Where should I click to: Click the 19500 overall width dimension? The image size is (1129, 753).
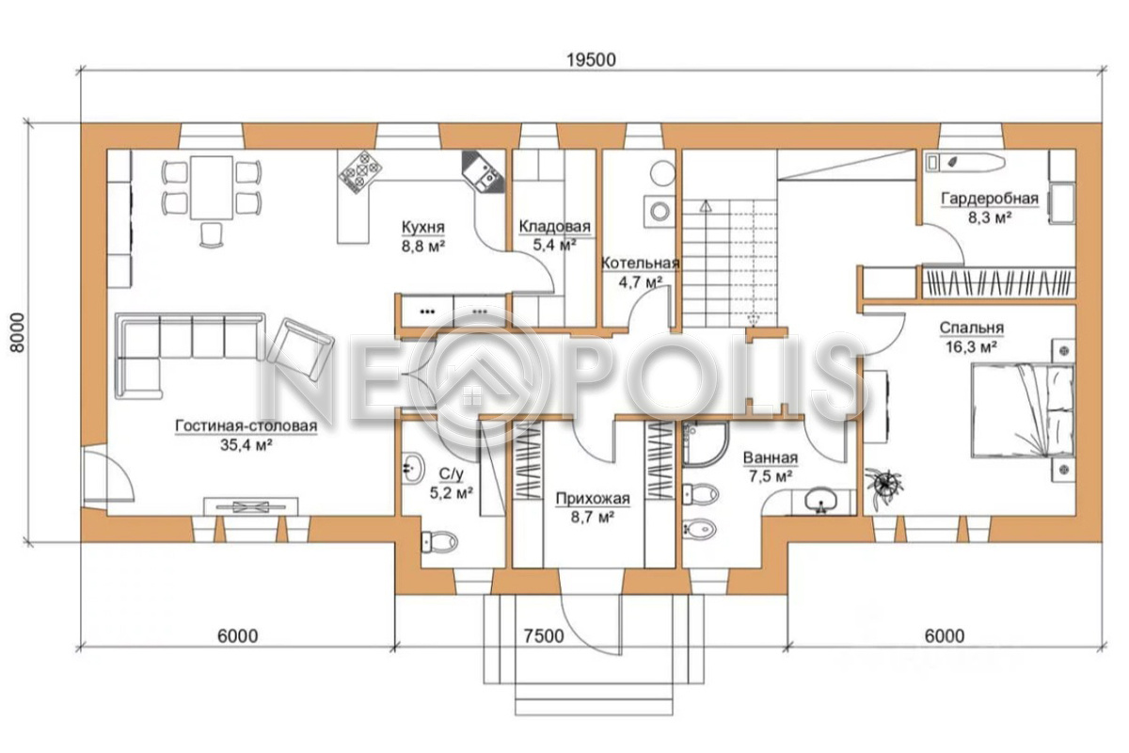click(591, 60)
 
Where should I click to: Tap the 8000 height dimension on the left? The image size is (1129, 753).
click(17, 333)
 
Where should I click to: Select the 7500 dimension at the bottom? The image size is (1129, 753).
click(544, 636)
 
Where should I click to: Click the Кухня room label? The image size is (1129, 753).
click(422, 228)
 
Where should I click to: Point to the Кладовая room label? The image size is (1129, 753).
click(554, 226)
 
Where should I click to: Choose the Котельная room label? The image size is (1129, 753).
click(640, 264)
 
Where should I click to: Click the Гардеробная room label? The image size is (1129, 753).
click(990, 199)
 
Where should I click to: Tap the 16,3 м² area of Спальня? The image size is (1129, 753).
click(971, 347)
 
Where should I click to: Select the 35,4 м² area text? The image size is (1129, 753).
click(246, 445)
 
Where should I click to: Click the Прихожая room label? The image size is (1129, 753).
click(593, 499)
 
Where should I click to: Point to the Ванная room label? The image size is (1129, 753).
click(771, 458)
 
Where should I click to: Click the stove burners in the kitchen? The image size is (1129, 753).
click(360, 172)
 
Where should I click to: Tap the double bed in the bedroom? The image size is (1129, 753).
click(1022, 412)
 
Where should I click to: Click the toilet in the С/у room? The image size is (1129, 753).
click(438, 542)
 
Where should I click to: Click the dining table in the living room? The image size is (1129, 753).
click(212, 187)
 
